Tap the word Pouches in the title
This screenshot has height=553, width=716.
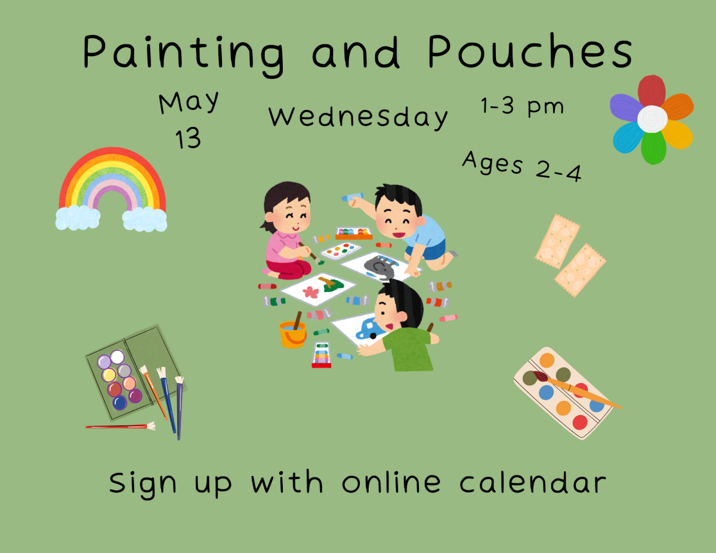(530, 52)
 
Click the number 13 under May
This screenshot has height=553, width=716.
(188, 139)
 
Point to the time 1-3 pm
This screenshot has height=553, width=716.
(522, 106)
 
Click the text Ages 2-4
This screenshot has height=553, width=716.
(522, 165)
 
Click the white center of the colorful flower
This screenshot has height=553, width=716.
(652, 119)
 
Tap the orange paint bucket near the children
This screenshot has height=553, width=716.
(292, 334)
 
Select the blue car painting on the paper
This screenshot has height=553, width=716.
(370, 328)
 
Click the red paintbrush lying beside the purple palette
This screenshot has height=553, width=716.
(119, 426)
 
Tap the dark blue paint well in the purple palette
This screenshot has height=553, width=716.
(120, 403)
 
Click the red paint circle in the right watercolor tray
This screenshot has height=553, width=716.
(579, 422)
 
